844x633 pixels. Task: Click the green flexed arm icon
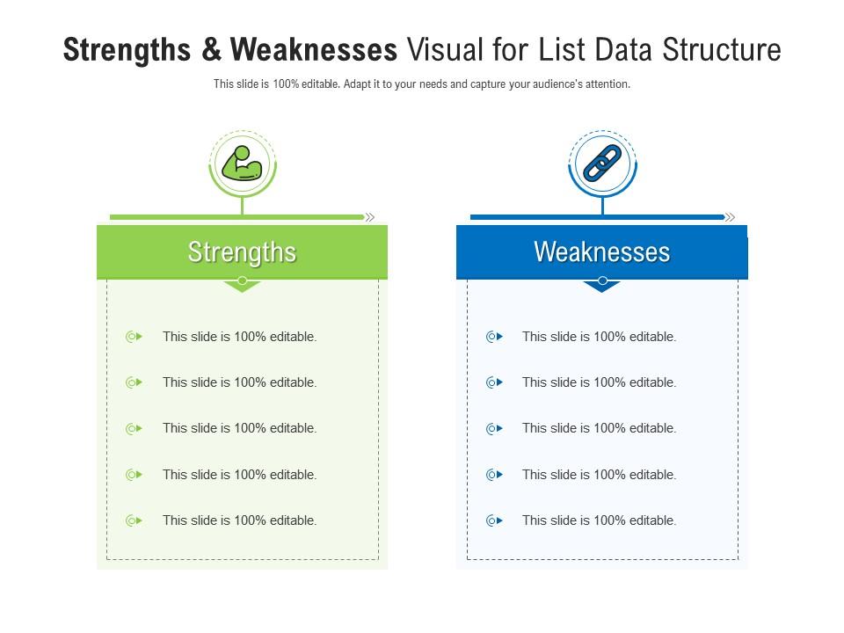pos(242,164)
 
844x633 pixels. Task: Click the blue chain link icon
pos(602,164)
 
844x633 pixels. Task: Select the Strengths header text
pos(242,252)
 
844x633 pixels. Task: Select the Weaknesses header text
pos(602,252)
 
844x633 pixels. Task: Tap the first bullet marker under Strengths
pos(134,337)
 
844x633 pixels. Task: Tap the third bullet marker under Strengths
pos(134,429)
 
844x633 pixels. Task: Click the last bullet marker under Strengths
pos(134,520)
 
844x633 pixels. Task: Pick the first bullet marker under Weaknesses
pos(494,337)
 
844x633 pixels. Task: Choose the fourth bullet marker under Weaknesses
pos(494,475)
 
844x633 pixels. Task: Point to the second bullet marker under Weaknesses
pos(494,382)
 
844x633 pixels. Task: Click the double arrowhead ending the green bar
pos(370,217)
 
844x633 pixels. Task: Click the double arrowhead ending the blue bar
pos(731,217)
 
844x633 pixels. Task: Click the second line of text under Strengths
pos(239,382)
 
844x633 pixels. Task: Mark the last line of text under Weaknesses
pos(599,520)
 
